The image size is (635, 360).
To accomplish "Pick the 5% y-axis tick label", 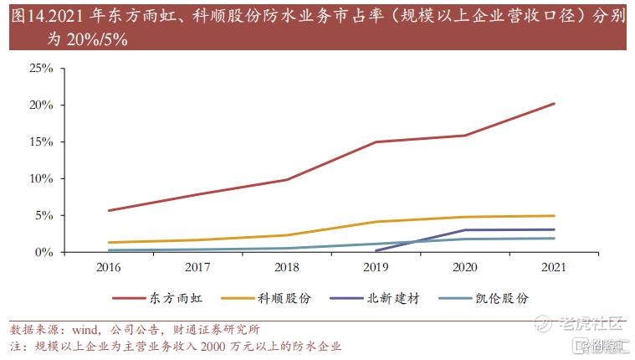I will tap(44, 216).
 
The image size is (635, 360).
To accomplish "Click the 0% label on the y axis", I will tap(44, 252).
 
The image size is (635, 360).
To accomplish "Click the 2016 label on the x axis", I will tap(108, 268).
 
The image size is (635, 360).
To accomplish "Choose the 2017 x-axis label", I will tap(197, 268).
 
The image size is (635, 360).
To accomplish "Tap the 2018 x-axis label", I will tap(286, 268).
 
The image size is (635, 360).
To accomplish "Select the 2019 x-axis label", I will tap(375, 268).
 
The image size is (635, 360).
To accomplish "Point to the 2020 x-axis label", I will tap(464, 268).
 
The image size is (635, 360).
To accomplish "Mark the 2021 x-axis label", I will tap(553, 268).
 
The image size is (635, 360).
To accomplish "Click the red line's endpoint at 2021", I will tap(553, 104).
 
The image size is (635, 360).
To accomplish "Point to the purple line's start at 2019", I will tap(376, 250).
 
